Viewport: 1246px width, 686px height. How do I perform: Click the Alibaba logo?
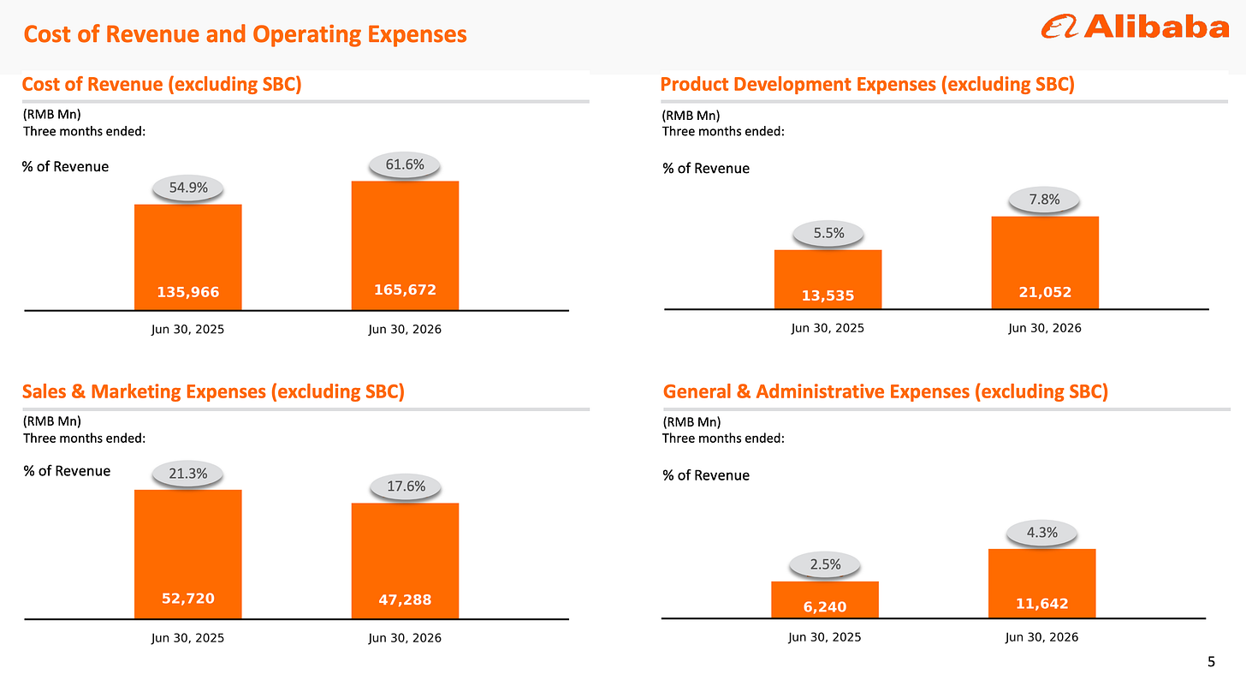click(x=1135, y=27)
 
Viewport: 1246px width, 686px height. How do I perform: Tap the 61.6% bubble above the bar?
click(x=405, y=164)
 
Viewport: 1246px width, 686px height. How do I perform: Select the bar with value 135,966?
click(x=188, y=257)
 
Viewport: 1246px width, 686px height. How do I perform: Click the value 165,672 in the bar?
click(x=405, y=289)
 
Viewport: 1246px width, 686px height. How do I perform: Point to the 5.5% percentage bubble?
click(x=828, y=233)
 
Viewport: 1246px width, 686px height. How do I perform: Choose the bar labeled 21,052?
click(x=1045, y=262)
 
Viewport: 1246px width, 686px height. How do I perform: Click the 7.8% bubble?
click(x=1044, y=200)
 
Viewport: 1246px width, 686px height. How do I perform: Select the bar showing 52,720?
click(x=188, y=554)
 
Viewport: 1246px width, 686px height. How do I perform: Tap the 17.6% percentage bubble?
click(x=406, y=486)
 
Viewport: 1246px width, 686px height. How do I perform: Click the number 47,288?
click(x=405, y=600)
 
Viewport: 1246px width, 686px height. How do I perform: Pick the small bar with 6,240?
click(x=825, y=600)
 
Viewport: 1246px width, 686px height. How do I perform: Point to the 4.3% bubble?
click(x=1041, y=533)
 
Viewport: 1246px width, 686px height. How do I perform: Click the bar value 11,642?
click(x=1042, y=604)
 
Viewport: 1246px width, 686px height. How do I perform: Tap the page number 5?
click(x=1211, y=661)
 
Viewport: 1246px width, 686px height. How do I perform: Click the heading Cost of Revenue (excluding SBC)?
click(x=162, y=84)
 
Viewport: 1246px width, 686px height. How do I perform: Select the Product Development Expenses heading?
click(x=867, y=84)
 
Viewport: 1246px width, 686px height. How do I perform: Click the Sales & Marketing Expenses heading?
click(x=214, y=391)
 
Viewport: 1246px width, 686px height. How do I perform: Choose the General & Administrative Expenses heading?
click(x=886, y=391)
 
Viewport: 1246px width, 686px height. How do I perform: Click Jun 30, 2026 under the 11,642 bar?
click(x=1041, y=637)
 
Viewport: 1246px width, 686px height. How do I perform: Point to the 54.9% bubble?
click(x=188, y=188)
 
